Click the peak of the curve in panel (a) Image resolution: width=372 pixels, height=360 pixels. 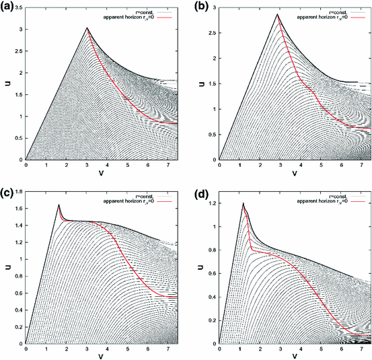[87, 28]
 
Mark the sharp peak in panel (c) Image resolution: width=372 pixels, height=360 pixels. [59, 205]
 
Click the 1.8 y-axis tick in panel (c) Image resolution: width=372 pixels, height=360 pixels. [17, 189]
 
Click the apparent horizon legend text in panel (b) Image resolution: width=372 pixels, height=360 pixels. [322, 14]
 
